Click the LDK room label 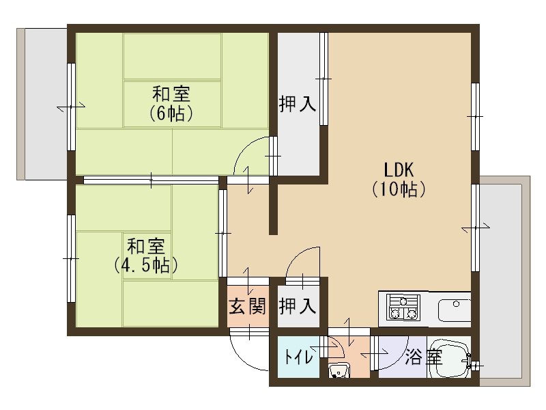(399, 170)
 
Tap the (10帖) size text (399, 189)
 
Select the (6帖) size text (171, 113)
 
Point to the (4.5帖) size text (146, 265)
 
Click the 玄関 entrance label (248, 306)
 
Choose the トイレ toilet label (298, 357)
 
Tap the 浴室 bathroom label (424, 357)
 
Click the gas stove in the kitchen (403, 307)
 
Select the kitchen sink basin (455, 310)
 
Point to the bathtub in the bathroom (449, 357)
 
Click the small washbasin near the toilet (339, 370)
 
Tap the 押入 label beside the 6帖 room (298, 104)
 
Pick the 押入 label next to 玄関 (298, 306)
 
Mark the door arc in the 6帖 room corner (244, 148)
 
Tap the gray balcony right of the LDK (505, 281)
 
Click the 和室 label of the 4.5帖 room (146, 247)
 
